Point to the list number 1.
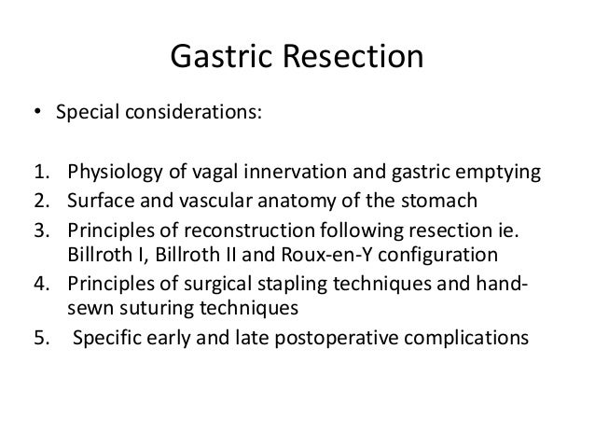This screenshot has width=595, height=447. [40, 173]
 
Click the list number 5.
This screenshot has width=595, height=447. [40, 335]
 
